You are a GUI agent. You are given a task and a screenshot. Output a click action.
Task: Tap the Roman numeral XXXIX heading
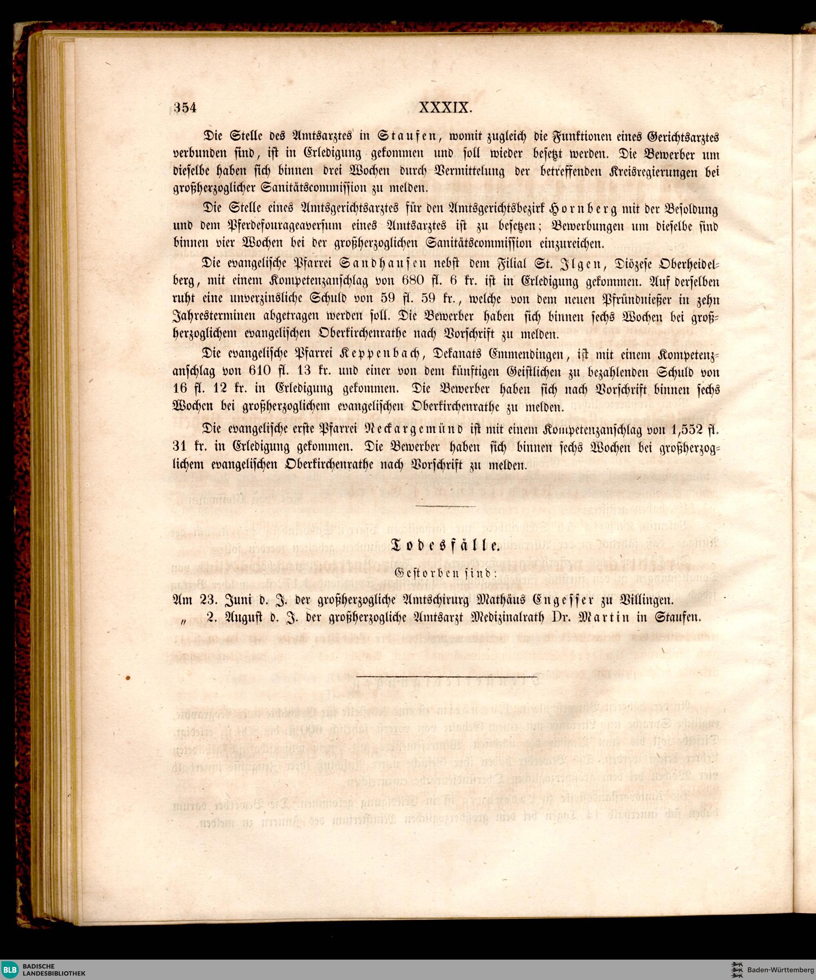click(446, 108)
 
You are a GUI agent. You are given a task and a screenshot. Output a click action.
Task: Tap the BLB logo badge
click(9, 969)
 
